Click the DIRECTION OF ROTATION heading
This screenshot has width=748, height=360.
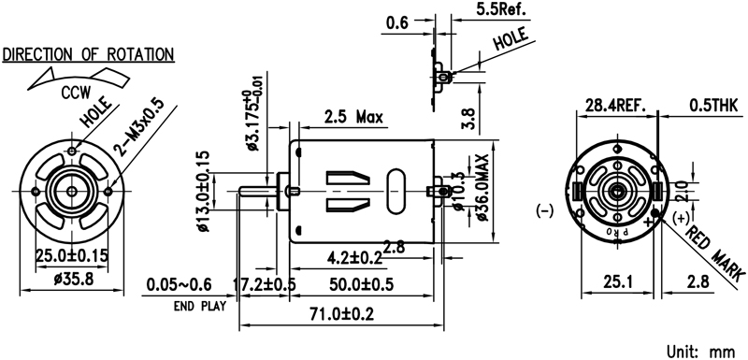click(88, 54)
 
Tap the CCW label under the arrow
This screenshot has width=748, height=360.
click(76, 93)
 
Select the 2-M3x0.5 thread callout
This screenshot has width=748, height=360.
click(138, 127)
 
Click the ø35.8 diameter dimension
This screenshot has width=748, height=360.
click(74, 279)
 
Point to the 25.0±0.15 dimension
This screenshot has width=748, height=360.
click(72, 254)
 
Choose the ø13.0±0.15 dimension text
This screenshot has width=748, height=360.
click(203, 191)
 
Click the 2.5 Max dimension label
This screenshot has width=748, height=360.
click(353, 116)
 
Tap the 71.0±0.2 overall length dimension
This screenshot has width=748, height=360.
click(341, 314)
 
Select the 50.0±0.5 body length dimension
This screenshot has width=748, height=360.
click(362, 284)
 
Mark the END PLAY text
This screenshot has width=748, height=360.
click(200, 306)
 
